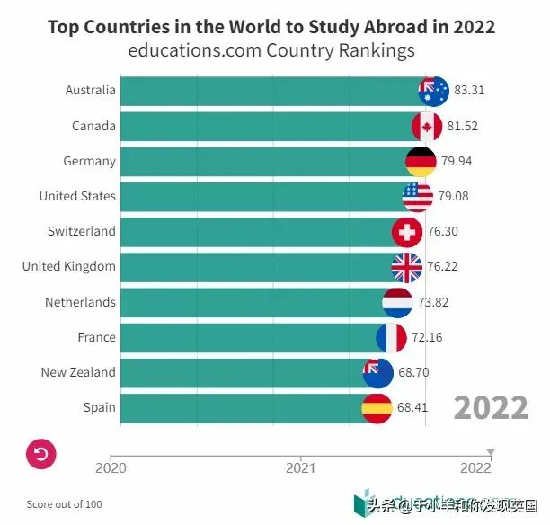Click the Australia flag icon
[434, 91]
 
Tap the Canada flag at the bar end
[427, 126]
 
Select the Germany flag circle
[421, 161]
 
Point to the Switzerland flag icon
[407, 232]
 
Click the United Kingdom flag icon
[406, 267]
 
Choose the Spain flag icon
[376, 407]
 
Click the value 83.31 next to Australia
[469, 91]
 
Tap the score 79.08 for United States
[453, 196]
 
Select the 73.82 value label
[432, 302]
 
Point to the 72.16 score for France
[427, 337]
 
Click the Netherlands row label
[80, 302]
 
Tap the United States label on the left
[77, 196]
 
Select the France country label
[96, 337]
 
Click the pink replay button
[41, 454]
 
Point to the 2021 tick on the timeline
[300, 467]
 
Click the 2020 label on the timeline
[111, 467]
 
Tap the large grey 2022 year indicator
[490, 407]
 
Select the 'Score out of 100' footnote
[64, 504]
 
